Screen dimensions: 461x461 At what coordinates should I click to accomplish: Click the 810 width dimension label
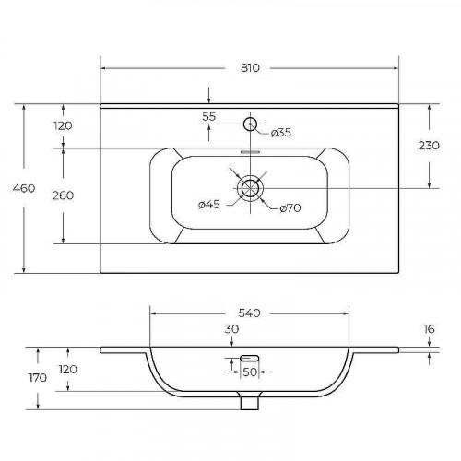(250, 67)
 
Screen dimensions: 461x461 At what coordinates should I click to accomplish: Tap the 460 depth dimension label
(24, 188)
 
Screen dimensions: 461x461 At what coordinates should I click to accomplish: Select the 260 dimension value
(63, 195)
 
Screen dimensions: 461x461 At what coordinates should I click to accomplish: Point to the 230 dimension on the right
(429, 146)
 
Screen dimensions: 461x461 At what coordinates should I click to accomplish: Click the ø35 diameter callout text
(281, 133)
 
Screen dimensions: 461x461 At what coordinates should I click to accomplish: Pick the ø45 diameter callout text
(209, 205)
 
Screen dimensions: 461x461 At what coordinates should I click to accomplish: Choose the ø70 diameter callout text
(290, 208)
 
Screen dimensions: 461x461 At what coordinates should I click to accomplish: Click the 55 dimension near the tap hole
(209, 117)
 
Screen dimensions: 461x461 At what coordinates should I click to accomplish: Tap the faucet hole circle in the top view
(250, 124)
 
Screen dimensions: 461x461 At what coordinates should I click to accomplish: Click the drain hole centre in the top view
(250, 188)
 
